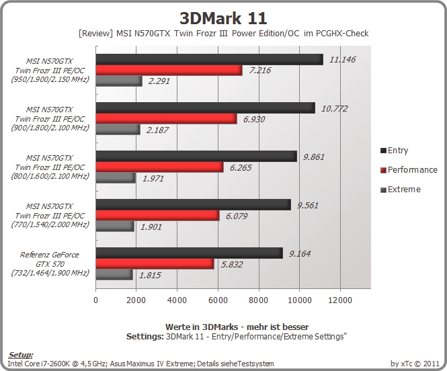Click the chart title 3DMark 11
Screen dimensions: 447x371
tap(223, 18)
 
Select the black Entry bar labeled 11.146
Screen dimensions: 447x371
tap(210, 60)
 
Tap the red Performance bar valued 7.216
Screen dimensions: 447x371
tap(169, 71)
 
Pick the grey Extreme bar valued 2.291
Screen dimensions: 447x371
tap(119, 81)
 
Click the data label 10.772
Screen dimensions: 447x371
tap(334, 109)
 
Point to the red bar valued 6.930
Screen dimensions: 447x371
tap(166, 119)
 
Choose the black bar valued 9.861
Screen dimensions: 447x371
tap(196, 157)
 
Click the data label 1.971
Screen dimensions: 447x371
tap(153, 179)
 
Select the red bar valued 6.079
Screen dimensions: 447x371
tap(158, 216)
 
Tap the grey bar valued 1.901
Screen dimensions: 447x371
tap(115, 226)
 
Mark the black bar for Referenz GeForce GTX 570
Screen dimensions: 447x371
tap(190, 253)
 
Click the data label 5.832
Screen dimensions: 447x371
tap(232, 265)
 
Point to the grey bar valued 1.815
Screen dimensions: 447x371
tap(114, 275)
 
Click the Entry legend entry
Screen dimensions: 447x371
tap(395, 151)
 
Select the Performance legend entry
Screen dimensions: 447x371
tap(409, 170)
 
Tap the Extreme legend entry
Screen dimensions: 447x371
tap(401, 190)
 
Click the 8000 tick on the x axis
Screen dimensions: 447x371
tap(259, 300)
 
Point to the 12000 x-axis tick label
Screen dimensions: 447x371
tap(340, 300)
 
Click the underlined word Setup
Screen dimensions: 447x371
tap(21, 355)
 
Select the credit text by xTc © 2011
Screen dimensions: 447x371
tap(415, 364)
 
